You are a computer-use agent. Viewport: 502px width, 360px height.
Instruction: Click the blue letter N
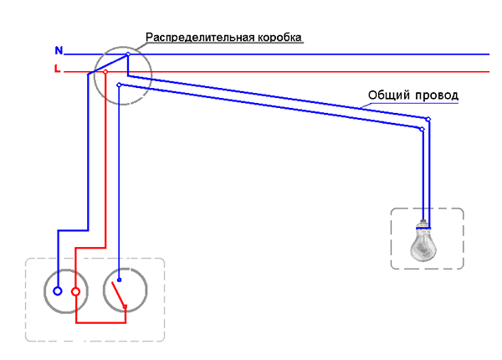(58, 52)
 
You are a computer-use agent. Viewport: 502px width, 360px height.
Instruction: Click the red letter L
(57, 70)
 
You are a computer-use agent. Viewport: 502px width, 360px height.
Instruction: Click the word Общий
(386, 96)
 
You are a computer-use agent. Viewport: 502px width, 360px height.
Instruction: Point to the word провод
(438, 96)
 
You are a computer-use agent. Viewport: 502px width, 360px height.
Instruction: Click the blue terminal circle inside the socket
(57, 291)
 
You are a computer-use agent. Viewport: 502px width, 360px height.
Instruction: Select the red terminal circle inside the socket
(75, 292)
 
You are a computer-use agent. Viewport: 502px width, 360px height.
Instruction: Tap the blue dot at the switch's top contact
(119, 280)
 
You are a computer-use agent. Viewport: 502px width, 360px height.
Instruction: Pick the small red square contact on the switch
(125, 307)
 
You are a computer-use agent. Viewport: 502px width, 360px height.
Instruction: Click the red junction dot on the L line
(105, 72)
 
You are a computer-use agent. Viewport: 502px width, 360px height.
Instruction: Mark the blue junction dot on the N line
(127, 54)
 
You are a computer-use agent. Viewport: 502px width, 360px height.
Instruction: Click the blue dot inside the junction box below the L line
(120, 85)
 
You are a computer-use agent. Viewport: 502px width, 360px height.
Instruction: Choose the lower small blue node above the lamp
(423, 129)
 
